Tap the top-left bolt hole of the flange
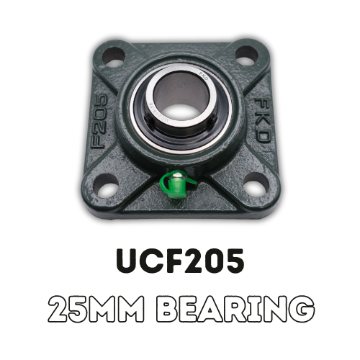(x=114, y=55)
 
